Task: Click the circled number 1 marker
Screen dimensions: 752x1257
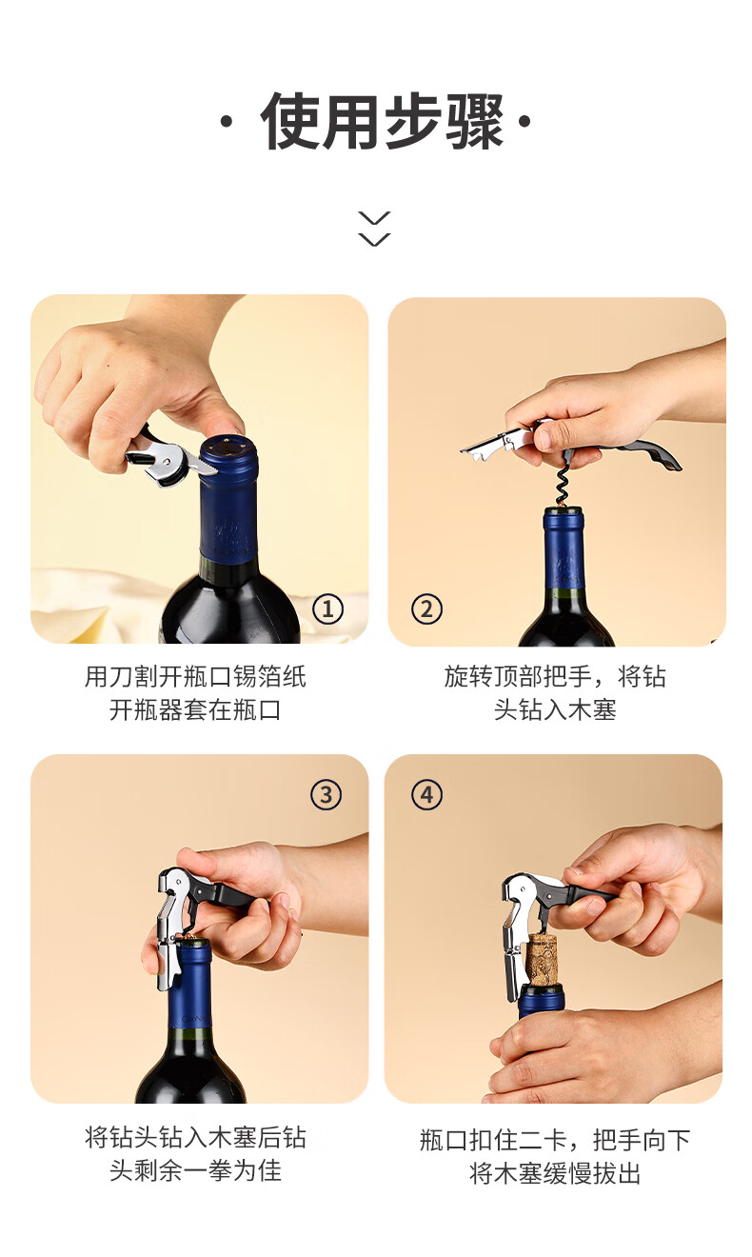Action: pos(327,609)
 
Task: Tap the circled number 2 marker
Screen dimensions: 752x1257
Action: pos(426,609)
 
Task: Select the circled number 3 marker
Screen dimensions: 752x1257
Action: pos(326,794)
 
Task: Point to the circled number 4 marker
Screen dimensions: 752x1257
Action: pos(426,794)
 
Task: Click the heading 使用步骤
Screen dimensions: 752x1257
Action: pos(383,121)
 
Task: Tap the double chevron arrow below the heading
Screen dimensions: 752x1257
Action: pos(375,229)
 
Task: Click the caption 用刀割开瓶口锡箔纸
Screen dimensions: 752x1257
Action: pos(195,676)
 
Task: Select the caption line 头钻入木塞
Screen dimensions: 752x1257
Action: pos(555,709)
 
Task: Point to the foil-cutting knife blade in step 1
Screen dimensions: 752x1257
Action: pos(200,465)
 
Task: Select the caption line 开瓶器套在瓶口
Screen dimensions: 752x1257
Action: pos(195,709)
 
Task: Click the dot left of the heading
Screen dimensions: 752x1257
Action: pos(226,121)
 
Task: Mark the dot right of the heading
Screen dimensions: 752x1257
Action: pos(524,121)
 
